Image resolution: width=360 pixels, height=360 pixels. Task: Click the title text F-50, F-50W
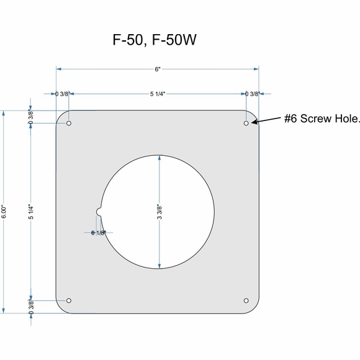154,40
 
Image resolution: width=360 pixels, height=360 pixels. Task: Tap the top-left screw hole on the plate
69,124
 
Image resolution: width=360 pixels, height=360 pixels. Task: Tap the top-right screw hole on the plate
246,124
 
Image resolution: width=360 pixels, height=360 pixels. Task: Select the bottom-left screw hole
69,301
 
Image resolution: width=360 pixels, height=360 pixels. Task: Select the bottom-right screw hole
246,301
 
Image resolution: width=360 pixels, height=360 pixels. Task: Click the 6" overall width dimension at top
158,70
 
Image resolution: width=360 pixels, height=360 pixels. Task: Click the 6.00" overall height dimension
4,212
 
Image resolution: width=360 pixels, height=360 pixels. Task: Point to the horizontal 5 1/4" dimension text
158,94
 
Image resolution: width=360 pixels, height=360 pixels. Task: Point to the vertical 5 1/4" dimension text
31,212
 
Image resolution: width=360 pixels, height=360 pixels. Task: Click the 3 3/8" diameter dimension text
160,212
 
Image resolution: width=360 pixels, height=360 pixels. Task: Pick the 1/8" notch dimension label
98,233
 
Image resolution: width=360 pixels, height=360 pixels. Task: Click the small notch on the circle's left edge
99,212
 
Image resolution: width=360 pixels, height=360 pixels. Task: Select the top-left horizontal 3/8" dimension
61,94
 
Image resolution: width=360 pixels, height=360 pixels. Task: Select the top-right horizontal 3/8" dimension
253,94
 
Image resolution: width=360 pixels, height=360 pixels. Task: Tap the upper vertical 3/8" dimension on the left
31,117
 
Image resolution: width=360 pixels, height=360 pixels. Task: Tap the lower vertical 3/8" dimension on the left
31,307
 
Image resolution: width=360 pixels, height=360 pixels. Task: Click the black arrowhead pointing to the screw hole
256,122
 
